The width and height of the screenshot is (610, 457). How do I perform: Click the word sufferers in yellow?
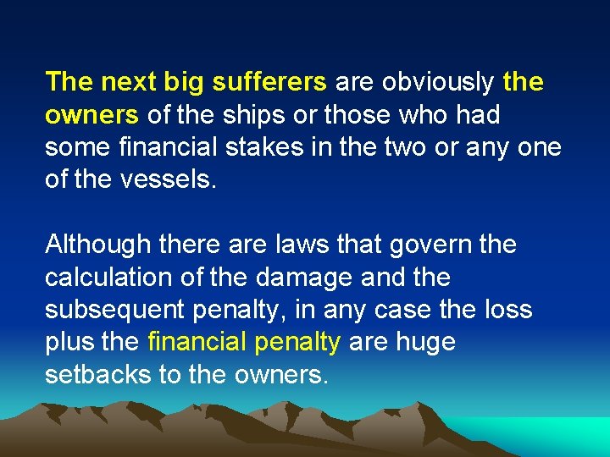269,82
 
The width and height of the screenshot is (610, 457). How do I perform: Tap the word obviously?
439,82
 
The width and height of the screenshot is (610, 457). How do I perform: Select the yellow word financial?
197,342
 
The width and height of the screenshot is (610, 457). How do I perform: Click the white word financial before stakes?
170,146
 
